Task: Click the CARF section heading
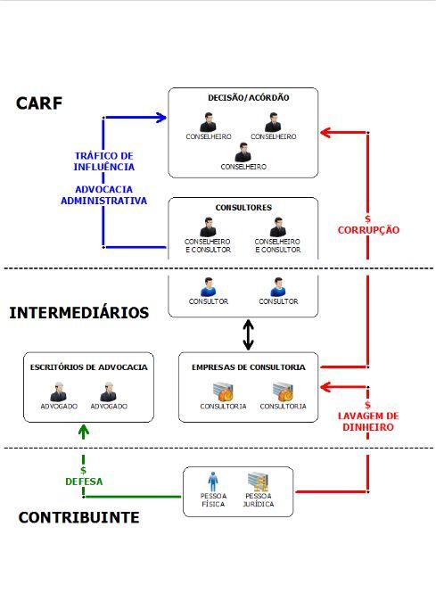pyautogui.click(x=39, y=103)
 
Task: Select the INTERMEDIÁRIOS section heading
pyautogui.click(x=78, y=313)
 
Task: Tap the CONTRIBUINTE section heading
pyautogui.click(x=78, y=517)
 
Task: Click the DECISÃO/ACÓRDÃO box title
pyautogui.click(x=243, y=97)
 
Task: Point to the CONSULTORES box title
pyautogui.click(x=243, y=208)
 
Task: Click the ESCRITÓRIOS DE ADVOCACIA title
pyautogui.click(x=88, y=367)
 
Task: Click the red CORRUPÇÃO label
pyautogui.click(x=368, y=229)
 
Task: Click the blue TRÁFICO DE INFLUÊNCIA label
pyautogui.click(x=104, y=161)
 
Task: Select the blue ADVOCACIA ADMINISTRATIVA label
pyautogui.click(x=103, y=195)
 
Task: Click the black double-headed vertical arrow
pyautogui.click(x=250, y=335)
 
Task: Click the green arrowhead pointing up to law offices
pyautogui.click(x=84, y=431)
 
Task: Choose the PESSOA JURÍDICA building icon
pyautogui.click(x=258, y=480)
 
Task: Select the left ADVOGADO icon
pyautogui.click(x=59, y=392)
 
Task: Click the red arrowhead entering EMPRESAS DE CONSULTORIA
pyautogui.click(x=325, y=387)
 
